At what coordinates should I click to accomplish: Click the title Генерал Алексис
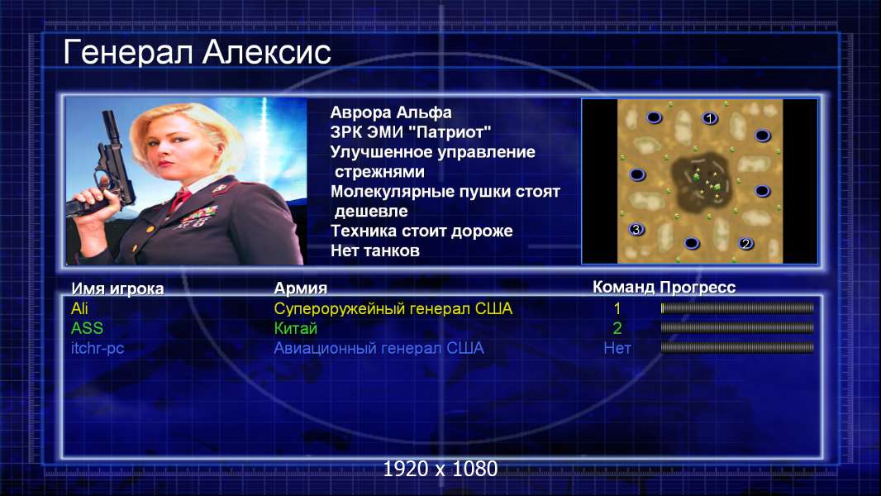pos(197,53)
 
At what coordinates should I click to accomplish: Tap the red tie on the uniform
pos(180,198)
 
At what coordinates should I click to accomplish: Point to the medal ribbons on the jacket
pos(197,217)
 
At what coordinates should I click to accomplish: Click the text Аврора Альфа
pos(390,112)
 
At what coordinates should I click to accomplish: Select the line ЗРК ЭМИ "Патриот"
pos(411,132)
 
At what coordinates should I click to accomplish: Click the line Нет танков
pos(374,250)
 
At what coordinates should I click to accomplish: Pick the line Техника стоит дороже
pos(421,231)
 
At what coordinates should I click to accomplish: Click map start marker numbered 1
pos(710,118)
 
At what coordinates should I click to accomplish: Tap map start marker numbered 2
pos(745,243)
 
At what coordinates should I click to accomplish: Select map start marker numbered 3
pos(636,229)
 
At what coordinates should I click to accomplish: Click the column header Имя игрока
pos(117,289)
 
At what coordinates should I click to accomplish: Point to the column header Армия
pos(301,289)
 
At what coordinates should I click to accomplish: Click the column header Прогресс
pos(698,288)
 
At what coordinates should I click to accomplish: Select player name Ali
pos(79,308)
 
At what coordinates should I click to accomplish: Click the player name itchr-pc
pos(98,348)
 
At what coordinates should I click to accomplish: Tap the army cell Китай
pos(296,328)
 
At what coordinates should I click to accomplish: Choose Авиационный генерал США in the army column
pos(379,348)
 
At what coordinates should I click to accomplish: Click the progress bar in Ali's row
pos(737,308)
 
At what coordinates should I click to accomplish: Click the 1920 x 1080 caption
pos(440,469)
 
